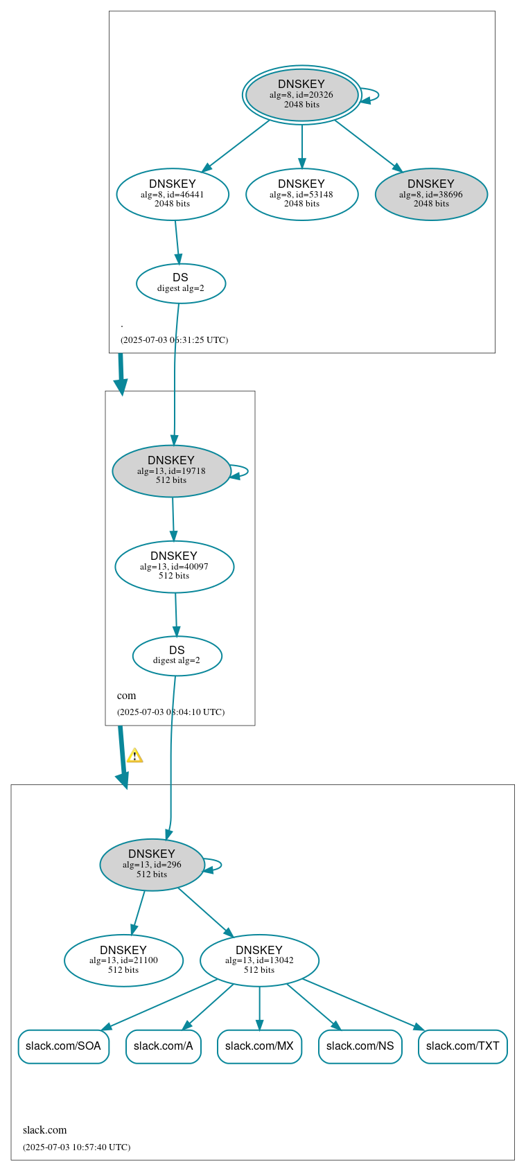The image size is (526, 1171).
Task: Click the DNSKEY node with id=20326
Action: click(301, 95)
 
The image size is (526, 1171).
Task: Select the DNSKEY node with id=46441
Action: click(173, 194)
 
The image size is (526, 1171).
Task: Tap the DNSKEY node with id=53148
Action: click(301, 194)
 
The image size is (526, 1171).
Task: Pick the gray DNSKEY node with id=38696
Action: click(431, 194)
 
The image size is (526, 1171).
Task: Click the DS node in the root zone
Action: click(181, 283)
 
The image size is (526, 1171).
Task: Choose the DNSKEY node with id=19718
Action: click(171, 470)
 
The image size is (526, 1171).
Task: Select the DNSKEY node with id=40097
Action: click(174, 566)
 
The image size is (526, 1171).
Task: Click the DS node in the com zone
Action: click(177, 655)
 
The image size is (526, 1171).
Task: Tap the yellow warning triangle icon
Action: click(134, 755)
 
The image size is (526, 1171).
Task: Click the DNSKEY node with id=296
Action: click(152, 864)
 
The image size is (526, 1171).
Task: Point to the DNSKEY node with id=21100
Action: click(123, 960)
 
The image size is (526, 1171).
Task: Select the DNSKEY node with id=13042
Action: click(259, 960)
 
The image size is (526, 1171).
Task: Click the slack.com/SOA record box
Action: click(63, 1046)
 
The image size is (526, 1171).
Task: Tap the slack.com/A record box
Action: click(164, 1046)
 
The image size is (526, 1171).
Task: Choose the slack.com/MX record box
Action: click(259, 1046)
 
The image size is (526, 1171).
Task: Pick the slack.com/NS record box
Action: click(360, 1046)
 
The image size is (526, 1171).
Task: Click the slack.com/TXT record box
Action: click(462, 1046)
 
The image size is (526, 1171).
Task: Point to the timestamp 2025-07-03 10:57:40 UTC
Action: click(76, 1147)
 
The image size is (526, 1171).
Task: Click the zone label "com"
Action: click(126, 696)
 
